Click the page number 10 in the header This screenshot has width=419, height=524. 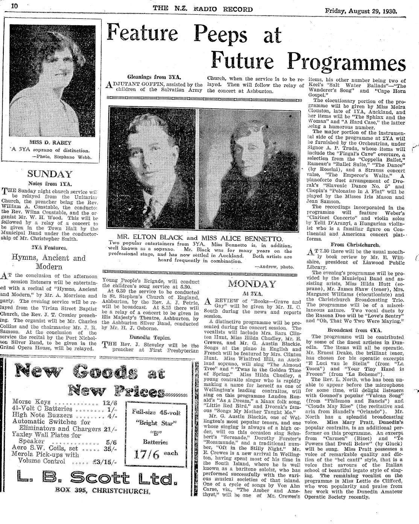[x=15, y=6]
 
